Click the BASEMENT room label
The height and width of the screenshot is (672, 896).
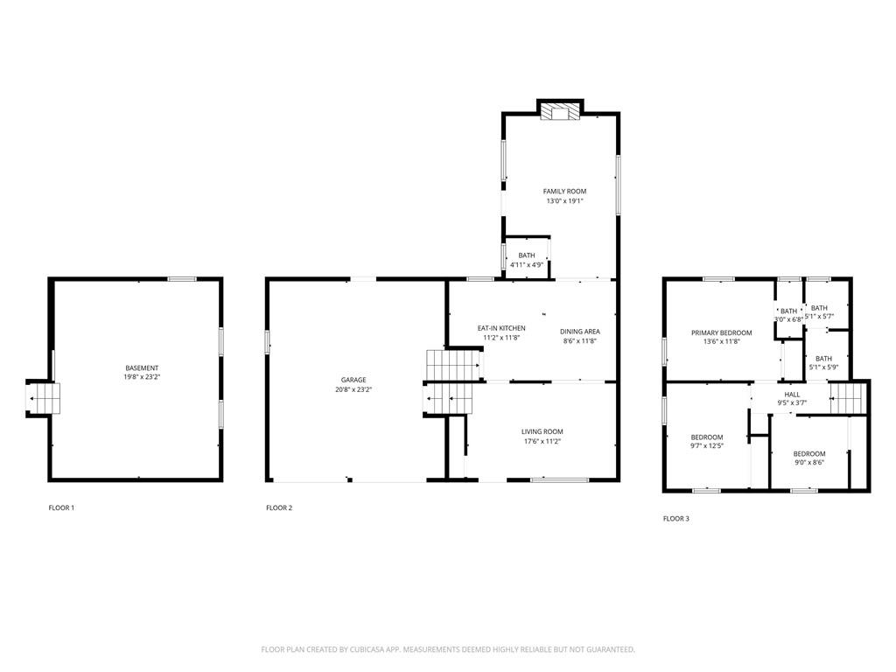click(x=142, y=368)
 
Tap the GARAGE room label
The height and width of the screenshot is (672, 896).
click(x=353, y=380)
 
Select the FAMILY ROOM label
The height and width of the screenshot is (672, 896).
click(x=564, y=192)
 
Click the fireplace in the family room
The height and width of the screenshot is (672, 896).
click(x=560, y=111)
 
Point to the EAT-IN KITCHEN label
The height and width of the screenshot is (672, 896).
click(x=501, y=328)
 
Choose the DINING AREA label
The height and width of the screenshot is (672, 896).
click(x=580, y=332)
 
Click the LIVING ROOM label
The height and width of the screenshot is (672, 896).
click(x=542, y=432)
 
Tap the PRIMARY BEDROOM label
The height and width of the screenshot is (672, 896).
click(x=722, y=332)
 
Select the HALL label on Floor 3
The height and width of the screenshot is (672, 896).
click(x=792, y=395)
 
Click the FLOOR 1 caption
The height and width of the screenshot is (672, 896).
click(x=61, y=507)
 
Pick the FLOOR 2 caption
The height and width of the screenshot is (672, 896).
click(x=279, y=507)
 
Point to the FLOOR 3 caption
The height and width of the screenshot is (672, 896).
click(x=676, y=519)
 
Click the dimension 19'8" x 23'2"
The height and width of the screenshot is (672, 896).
click(x=142, y=377)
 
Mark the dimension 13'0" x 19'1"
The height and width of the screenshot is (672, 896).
click(x=564, y=201)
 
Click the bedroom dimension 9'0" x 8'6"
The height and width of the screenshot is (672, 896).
click(x=809, y=464)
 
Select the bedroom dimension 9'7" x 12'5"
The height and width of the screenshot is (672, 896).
click(x=707, y=445)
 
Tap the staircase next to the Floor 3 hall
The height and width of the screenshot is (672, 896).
click(x=847, y=398)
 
